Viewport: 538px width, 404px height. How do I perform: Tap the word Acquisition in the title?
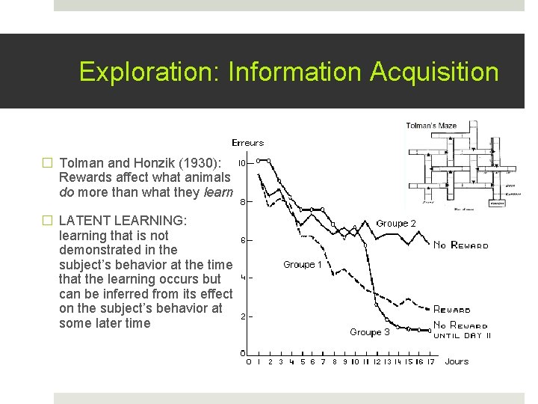433,72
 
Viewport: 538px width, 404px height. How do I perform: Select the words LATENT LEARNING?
123,221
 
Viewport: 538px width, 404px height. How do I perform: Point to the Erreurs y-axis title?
247,143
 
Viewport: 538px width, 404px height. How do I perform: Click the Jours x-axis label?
457,361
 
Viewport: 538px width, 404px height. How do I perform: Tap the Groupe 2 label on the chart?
396,223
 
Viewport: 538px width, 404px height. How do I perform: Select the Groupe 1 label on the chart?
303,264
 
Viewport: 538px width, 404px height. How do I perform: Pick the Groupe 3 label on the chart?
369,332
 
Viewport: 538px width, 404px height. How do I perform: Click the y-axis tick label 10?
243,162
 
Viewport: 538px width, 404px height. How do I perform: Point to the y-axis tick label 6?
243,239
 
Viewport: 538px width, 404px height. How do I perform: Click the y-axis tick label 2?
243,316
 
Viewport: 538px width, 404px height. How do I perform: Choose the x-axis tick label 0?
249,361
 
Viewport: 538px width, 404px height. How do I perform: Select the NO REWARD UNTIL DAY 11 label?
461,330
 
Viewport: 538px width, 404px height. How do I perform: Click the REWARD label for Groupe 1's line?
452,309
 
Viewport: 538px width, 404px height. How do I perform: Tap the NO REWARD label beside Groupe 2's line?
461,245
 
